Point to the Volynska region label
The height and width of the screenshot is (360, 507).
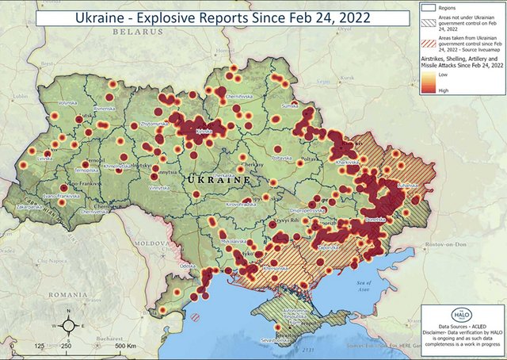click(67, 103)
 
